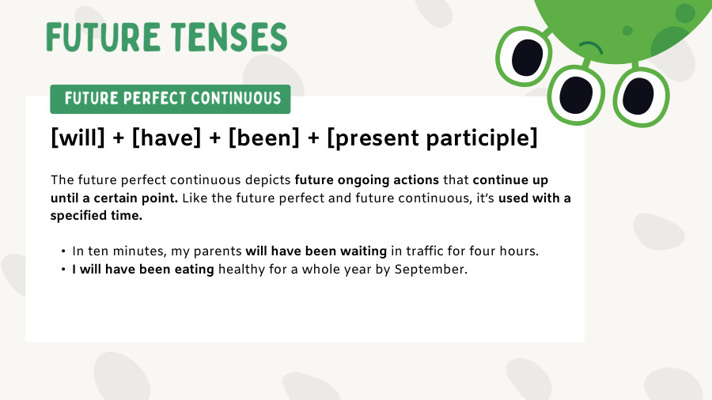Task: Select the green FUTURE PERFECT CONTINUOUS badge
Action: coord(170,99)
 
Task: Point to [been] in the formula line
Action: coord(265,138)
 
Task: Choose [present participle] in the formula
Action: coord(432,139)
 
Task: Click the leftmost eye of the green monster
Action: coord(525,57)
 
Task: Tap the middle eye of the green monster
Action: coord(576,95)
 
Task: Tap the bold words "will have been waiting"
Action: coord(316,251)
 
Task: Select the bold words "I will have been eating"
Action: coord(143,270)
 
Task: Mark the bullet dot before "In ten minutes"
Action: coord(62,251)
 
